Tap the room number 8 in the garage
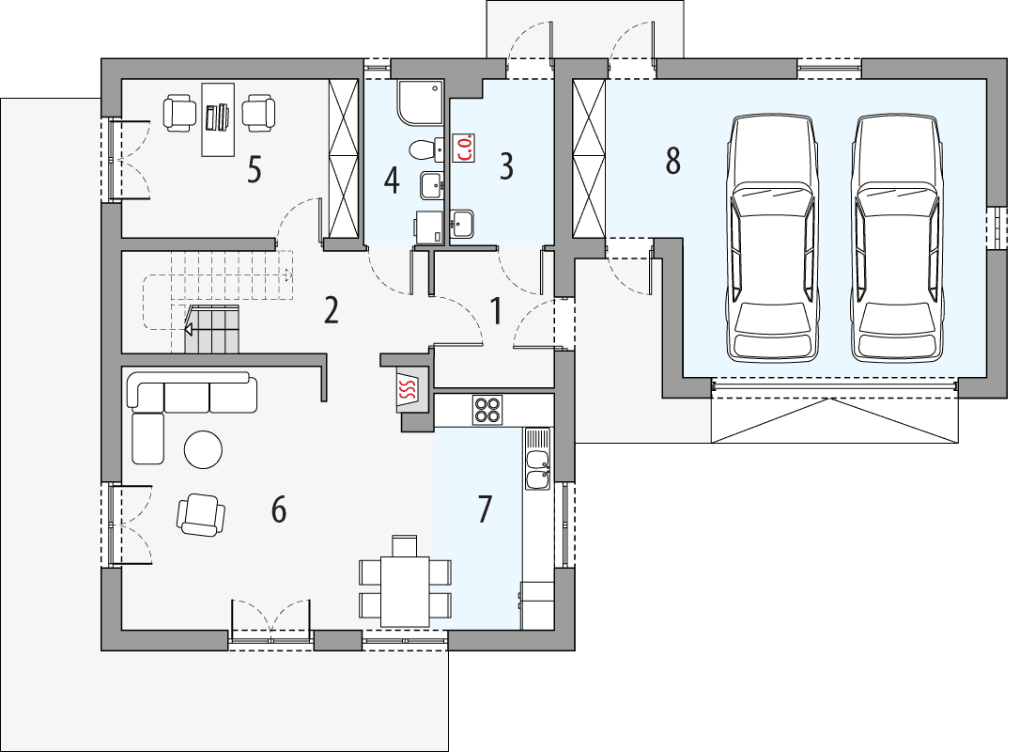(x=672, y=161)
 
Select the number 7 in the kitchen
(x=484, y=509)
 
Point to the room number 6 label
(x=278, y=509)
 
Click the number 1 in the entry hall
(x=495, y=309)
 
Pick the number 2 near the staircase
(x=331, y=310)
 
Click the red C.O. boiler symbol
(x=464, y=148)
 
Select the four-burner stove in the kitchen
(x=487, y=410)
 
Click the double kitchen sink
(x=537, y=469)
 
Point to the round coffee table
(x=203, y=449)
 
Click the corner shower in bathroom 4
(x=419, y=102)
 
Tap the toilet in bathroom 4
(x=423, y=149)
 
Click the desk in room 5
(x=218, y=118)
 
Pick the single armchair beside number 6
(x=201, y=514)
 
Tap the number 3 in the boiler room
(x=506, y=166)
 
